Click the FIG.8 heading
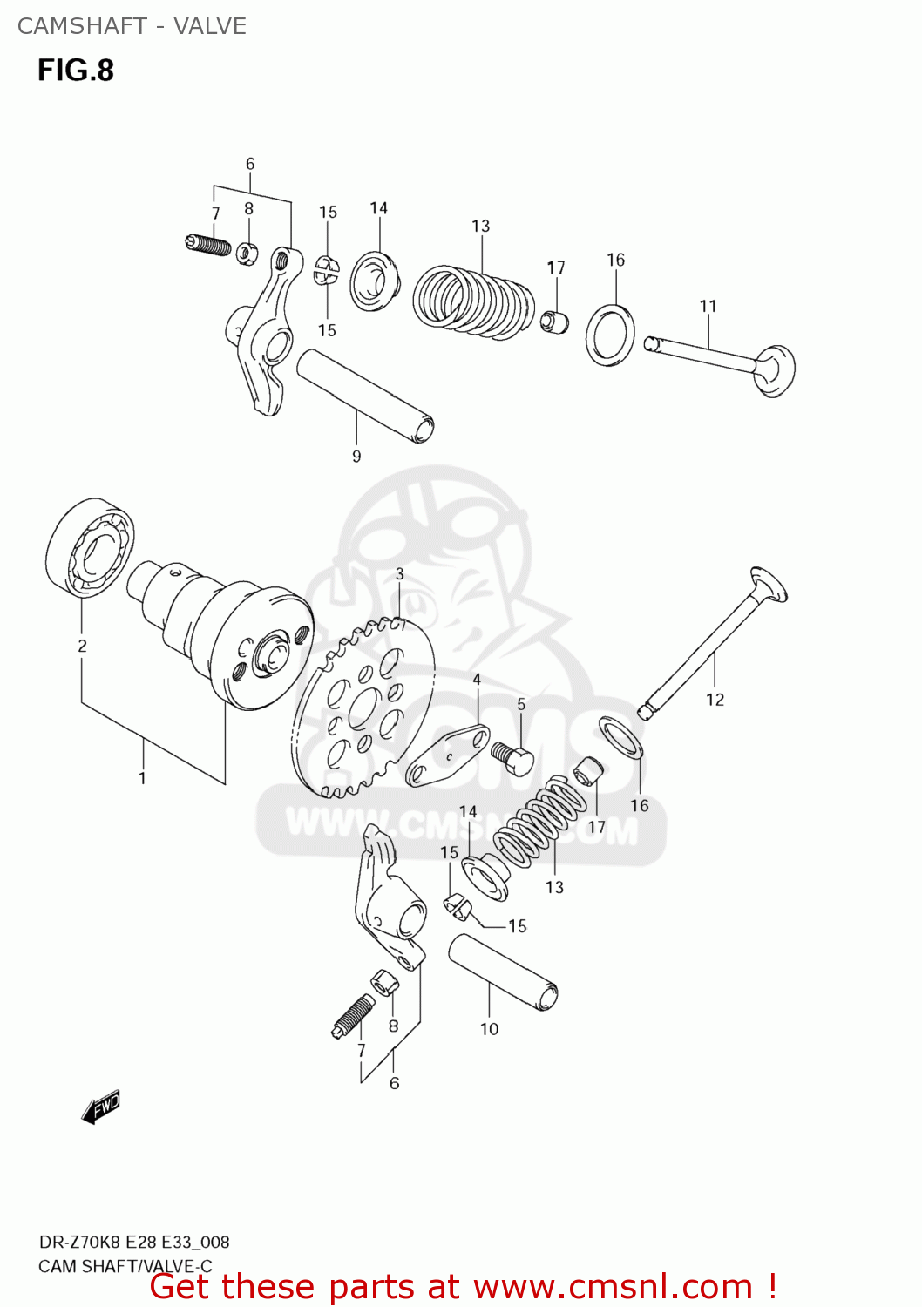click(x=76, y=71)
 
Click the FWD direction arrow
click(x=101, y=1107)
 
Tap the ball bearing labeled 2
click(x=90, y=548)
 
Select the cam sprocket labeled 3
click(x=363, y=707)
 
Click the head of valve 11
click(x=775, y=369)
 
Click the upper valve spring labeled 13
click(x=473, y=301)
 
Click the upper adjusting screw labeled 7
click(x=208, y=244)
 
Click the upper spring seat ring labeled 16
click(x=610, y=335)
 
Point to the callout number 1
click(x=142, y=778)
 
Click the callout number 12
click(x=715, y=700)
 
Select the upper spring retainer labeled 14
click(x=376, y=281)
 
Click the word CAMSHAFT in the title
click(x=82, y=26)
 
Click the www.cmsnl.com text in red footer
click(x=613, y=1286)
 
